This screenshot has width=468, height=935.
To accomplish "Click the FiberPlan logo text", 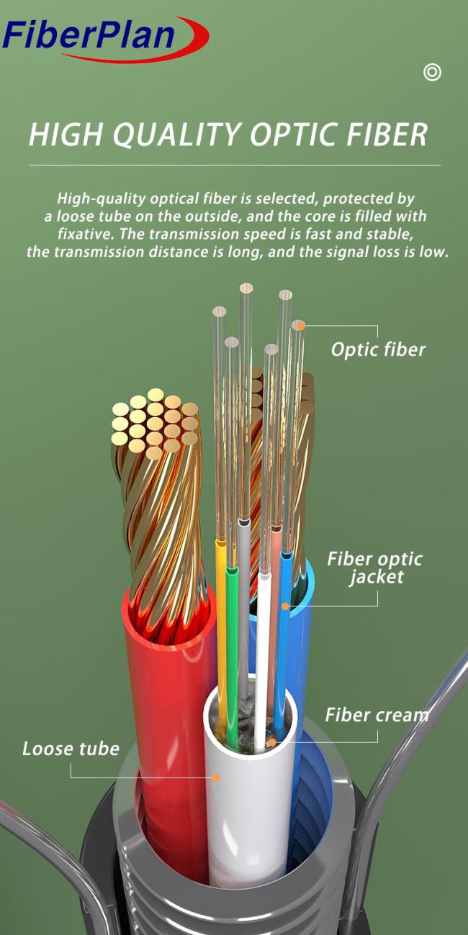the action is click(x=89, y=35).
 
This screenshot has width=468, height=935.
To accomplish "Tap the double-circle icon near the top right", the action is click(x=432, y=72).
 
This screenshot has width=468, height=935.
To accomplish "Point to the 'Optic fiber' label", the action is click(x=378, y=350).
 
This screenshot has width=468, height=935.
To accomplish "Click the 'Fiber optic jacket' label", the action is click(x=375, y=568).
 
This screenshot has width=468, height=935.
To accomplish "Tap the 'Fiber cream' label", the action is click(x=377, y=715).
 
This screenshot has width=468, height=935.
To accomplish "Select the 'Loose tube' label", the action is click(x=71, y=749).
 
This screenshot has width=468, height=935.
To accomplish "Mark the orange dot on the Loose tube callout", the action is click(x=216, y=777).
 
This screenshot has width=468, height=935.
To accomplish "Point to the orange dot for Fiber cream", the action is click(x=272, y=742).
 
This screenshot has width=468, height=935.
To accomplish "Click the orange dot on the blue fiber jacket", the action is click(x=285, y=606).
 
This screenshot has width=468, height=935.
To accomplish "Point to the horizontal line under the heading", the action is click(x=235, y=165).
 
